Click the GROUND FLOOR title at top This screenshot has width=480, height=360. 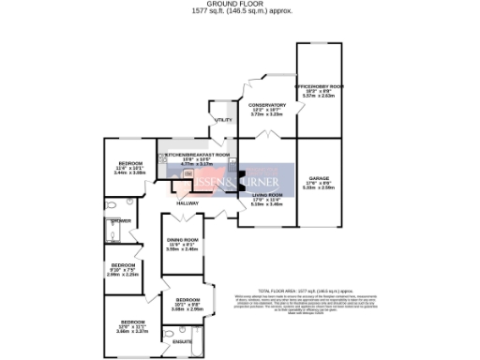[x=239, y=4]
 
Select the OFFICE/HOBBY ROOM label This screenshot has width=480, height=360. [x=320, y=86]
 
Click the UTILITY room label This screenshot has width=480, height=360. [x=222, y=121]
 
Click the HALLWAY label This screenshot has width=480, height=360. [x=188, y=202]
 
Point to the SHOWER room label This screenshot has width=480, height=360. [x=120, y=221]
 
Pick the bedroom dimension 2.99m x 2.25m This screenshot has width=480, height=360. [x=123, y=275]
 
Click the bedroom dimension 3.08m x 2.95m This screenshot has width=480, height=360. [x=187, y=308]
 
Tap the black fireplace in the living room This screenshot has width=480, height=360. [x=242, y=178]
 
